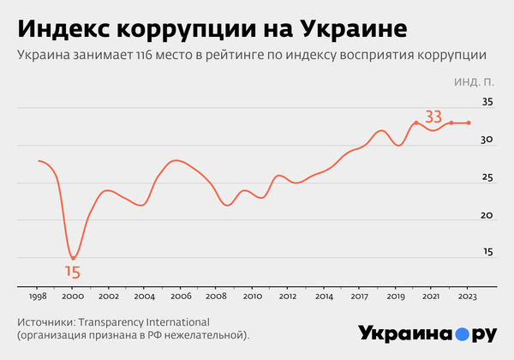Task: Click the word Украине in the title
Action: pyautogui.click(x=357, y=28)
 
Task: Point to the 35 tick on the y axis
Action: pyautogui.click(x=487, y=102)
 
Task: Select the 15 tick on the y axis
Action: pyautogui.click(x=487, y=253)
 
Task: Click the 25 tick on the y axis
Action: pyautogui.click(x=487, y=177)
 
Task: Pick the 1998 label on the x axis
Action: pyautogui.click(x=39, y=296)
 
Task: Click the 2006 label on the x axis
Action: pyautogui.click(x=181, y=296)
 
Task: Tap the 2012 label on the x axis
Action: pyautogui.click(x=288, y=296)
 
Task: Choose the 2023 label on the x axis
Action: pyautogui.click(x=467, y=296)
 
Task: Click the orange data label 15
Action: pyautogui.click(x=73, y=273)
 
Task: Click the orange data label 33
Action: pyautogui.click(x=433, y=116)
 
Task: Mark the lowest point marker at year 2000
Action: pyautogui.click(x=74, y=258)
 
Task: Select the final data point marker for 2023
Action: pyautogui.click(x=469, y=123)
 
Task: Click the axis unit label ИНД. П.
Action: pyautogui.click(x=474, y=83)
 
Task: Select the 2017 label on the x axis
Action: pyautogui.click(x=360, y=296)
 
